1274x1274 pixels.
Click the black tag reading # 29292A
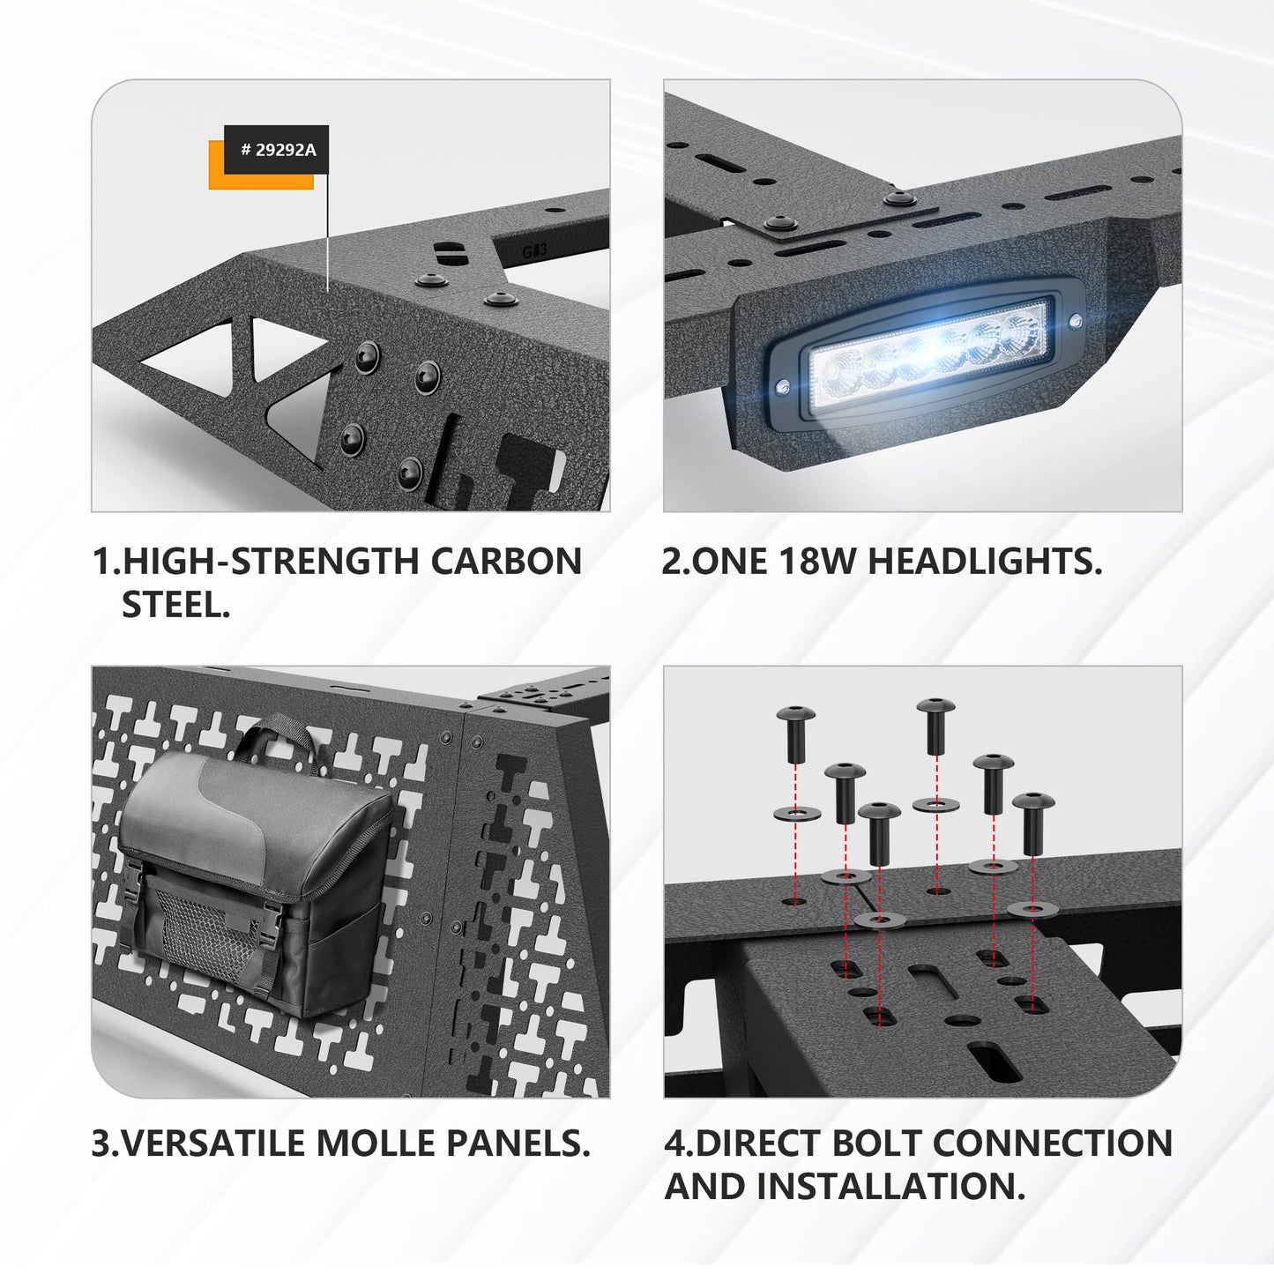point(276,150)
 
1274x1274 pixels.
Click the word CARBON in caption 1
point(506,561)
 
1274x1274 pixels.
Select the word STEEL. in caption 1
point(175,604)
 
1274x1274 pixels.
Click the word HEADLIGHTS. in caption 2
point(985,561)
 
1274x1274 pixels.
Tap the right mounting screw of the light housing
point(1075,321)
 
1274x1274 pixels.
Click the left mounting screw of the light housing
point(784,386)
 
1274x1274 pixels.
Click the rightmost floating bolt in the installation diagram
point(1032,823)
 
